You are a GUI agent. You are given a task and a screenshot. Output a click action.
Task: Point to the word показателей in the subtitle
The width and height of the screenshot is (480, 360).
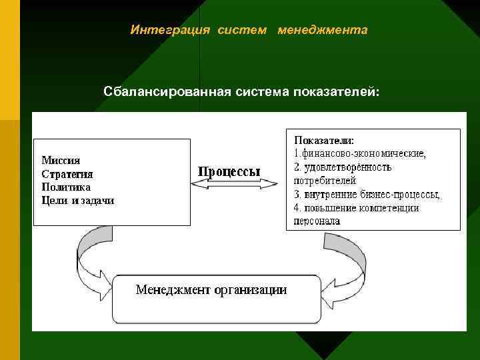336,90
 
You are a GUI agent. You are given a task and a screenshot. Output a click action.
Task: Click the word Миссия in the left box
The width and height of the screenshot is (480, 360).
61,160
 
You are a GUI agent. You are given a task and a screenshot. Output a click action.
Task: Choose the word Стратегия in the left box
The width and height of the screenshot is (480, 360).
67,173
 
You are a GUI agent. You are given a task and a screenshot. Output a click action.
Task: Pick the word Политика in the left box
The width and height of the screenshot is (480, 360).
66,187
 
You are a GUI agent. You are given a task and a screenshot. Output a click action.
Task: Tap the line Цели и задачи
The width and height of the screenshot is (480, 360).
77,200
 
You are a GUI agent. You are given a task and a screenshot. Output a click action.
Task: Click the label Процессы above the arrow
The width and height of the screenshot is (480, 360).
229,171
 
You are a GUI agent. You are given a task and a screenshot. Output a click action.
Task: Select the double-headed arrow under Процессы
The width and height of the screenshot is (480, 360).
234,187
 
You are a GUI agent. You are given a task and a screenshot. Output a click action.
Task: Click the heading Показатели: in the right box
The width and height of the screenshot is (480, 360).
324,141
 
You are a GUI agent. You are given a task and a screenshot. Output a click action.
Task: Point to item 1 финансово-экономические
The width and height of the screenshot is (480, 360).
360,153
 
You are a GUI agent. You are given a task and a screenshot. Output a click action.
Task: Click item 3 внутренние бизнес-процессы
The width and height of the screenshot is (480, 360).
367,194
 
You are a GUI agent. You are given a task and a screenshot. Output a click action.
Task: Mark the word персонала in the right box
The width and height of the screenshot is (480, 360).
317,221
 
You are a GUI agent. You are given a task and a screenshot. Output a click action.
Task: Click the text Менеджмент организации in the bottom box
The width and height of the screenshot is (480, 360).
211,289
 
